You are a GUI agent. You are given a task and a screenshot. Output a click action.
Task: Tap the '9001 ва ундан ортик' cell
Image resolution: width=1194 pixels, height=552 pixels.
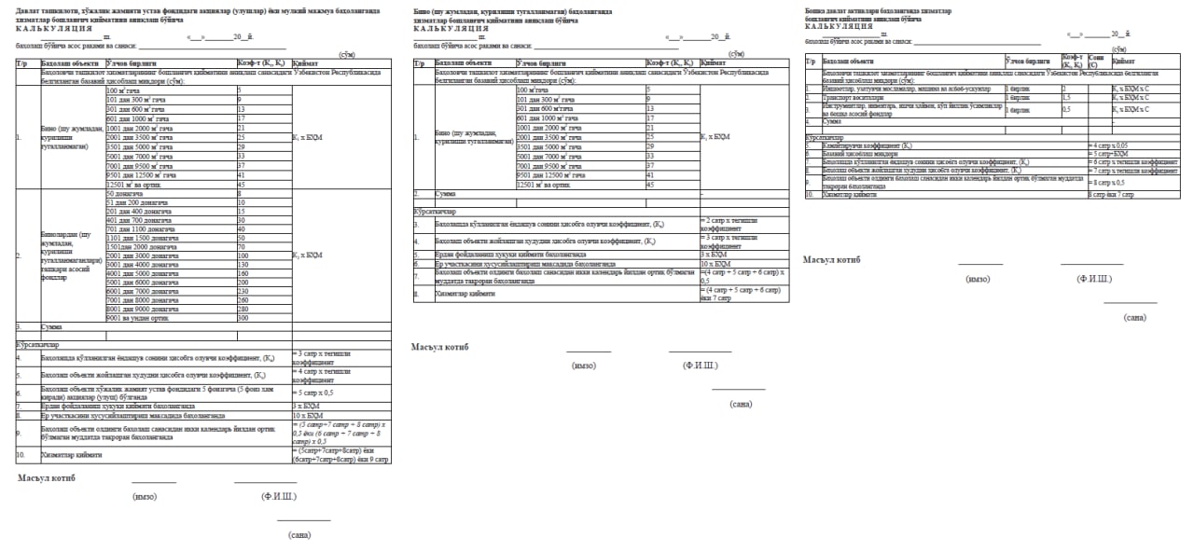click(140, 318)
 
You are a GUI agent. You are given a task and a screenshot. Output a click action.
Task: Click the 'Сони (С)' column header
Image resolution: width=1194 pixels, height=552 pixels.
click(1098, 61)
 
